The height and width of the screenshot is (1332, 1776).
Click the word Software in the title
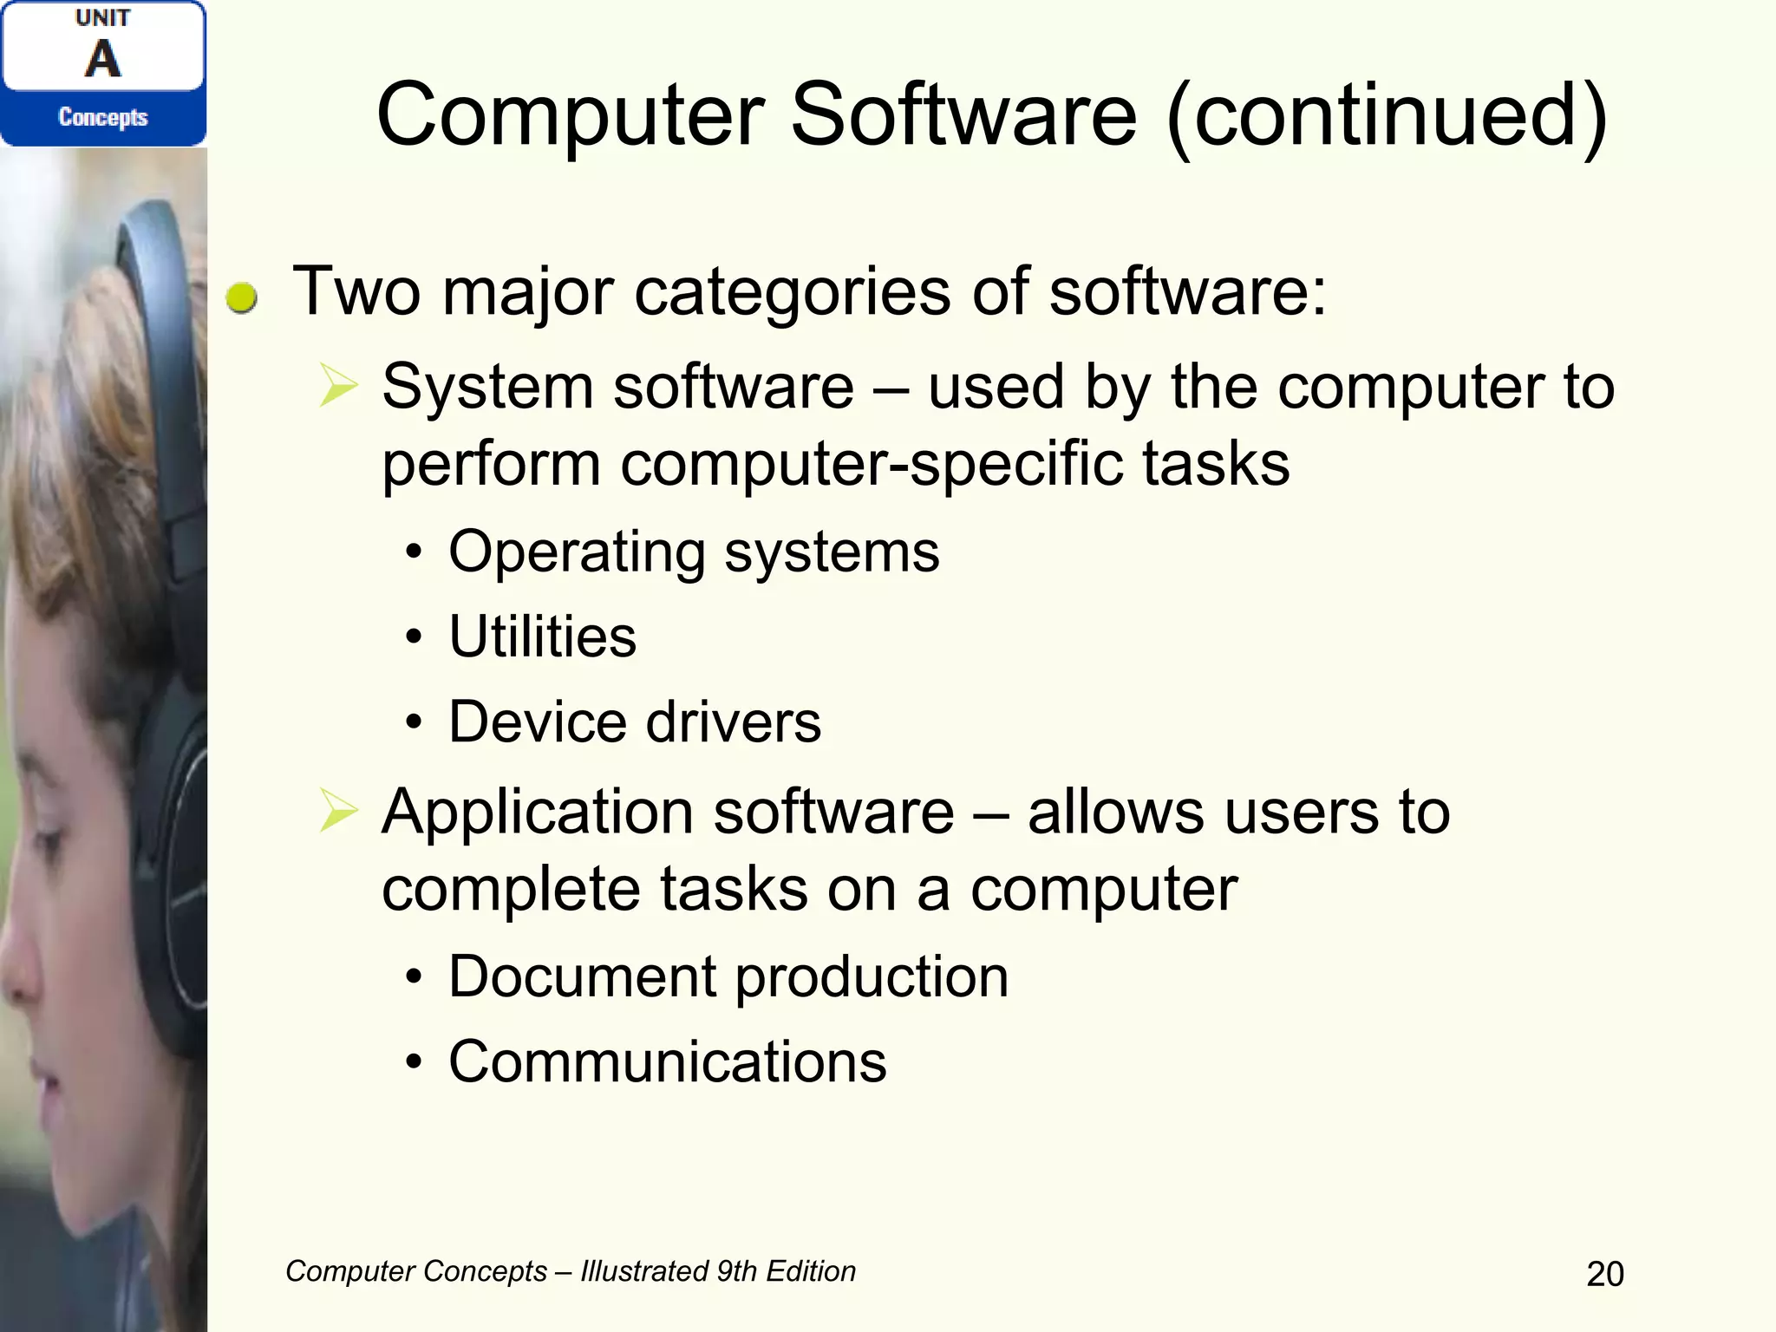(963, 114)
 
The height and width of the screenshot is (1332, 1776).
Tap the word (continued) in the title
(1387, 116)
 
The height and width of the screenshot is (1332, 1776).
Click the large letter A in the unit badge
(103, 59)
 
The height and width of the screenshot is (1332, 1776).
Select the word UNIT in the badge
(102, 17)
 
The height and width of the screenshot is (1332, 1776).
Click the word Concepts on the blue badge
(103, 117)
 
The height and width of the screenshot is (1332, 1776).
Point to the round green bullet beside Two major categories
(241, 297)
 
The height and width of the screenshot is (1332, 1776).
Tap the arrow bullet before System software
(337, 386)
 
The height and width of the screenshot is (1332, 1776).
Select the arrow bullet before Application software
(337, 811)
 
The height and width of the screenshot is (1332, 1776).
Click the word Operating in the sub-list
(577, 552)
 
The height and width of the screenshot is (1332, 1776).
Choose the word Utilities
(542, 637)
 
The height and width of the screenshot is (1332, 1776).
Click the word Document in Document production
(582, 976)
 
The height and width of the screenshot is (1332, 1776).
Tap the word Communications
(667, 1061)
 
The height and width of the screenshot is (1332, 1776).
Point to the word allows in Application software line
(1115, 813)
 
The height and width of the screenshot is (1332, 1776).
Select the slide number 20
(1604, 1274)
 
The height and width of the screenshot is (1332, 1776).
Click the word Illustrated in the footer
(644, 1271)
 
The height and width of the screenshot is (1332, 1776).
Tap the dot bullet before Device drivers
(414, 721)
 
